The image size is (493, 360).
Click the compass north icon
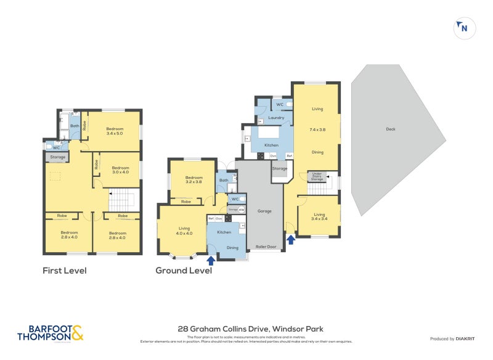pos(463,28)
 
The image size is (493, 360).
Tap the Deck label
pos(390,129)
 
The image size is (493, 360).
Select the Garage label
pos(264,211)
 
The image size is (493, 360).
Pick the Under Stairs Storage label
pos(318,177)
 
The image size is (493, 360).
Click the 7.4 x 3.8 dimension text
pos(317,130)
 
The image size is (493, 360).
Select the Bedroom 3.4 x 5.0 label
pos(115,131)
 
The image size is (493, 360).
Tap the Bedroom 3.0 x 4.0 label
pos(120,170)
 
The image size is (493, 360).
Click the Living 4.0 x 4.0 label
pos(185,230)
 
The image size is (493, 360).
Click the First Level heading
pos(64,271)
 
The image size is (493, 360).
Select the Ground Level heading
pos(184,271)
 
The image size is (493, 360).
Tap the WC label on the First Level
pos(56,148)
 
